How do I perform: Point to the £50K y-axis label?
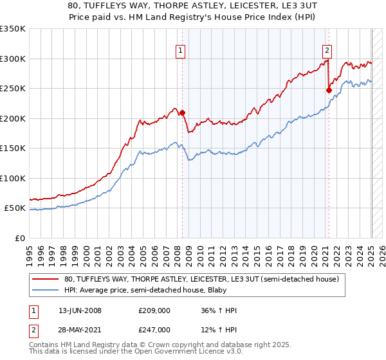pos(14,208)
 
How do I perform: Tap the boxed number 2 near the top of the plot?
pos(327,51)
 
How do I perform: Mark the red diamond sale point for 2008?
pos(182,113)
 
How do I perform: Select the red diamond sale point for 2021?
pos(329,91)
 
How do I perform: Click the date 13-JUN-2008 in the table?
pos(80,310)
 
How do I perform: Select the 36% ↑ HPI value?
pos(219,310)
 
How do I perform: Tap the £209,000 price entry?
pos(154,310)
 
